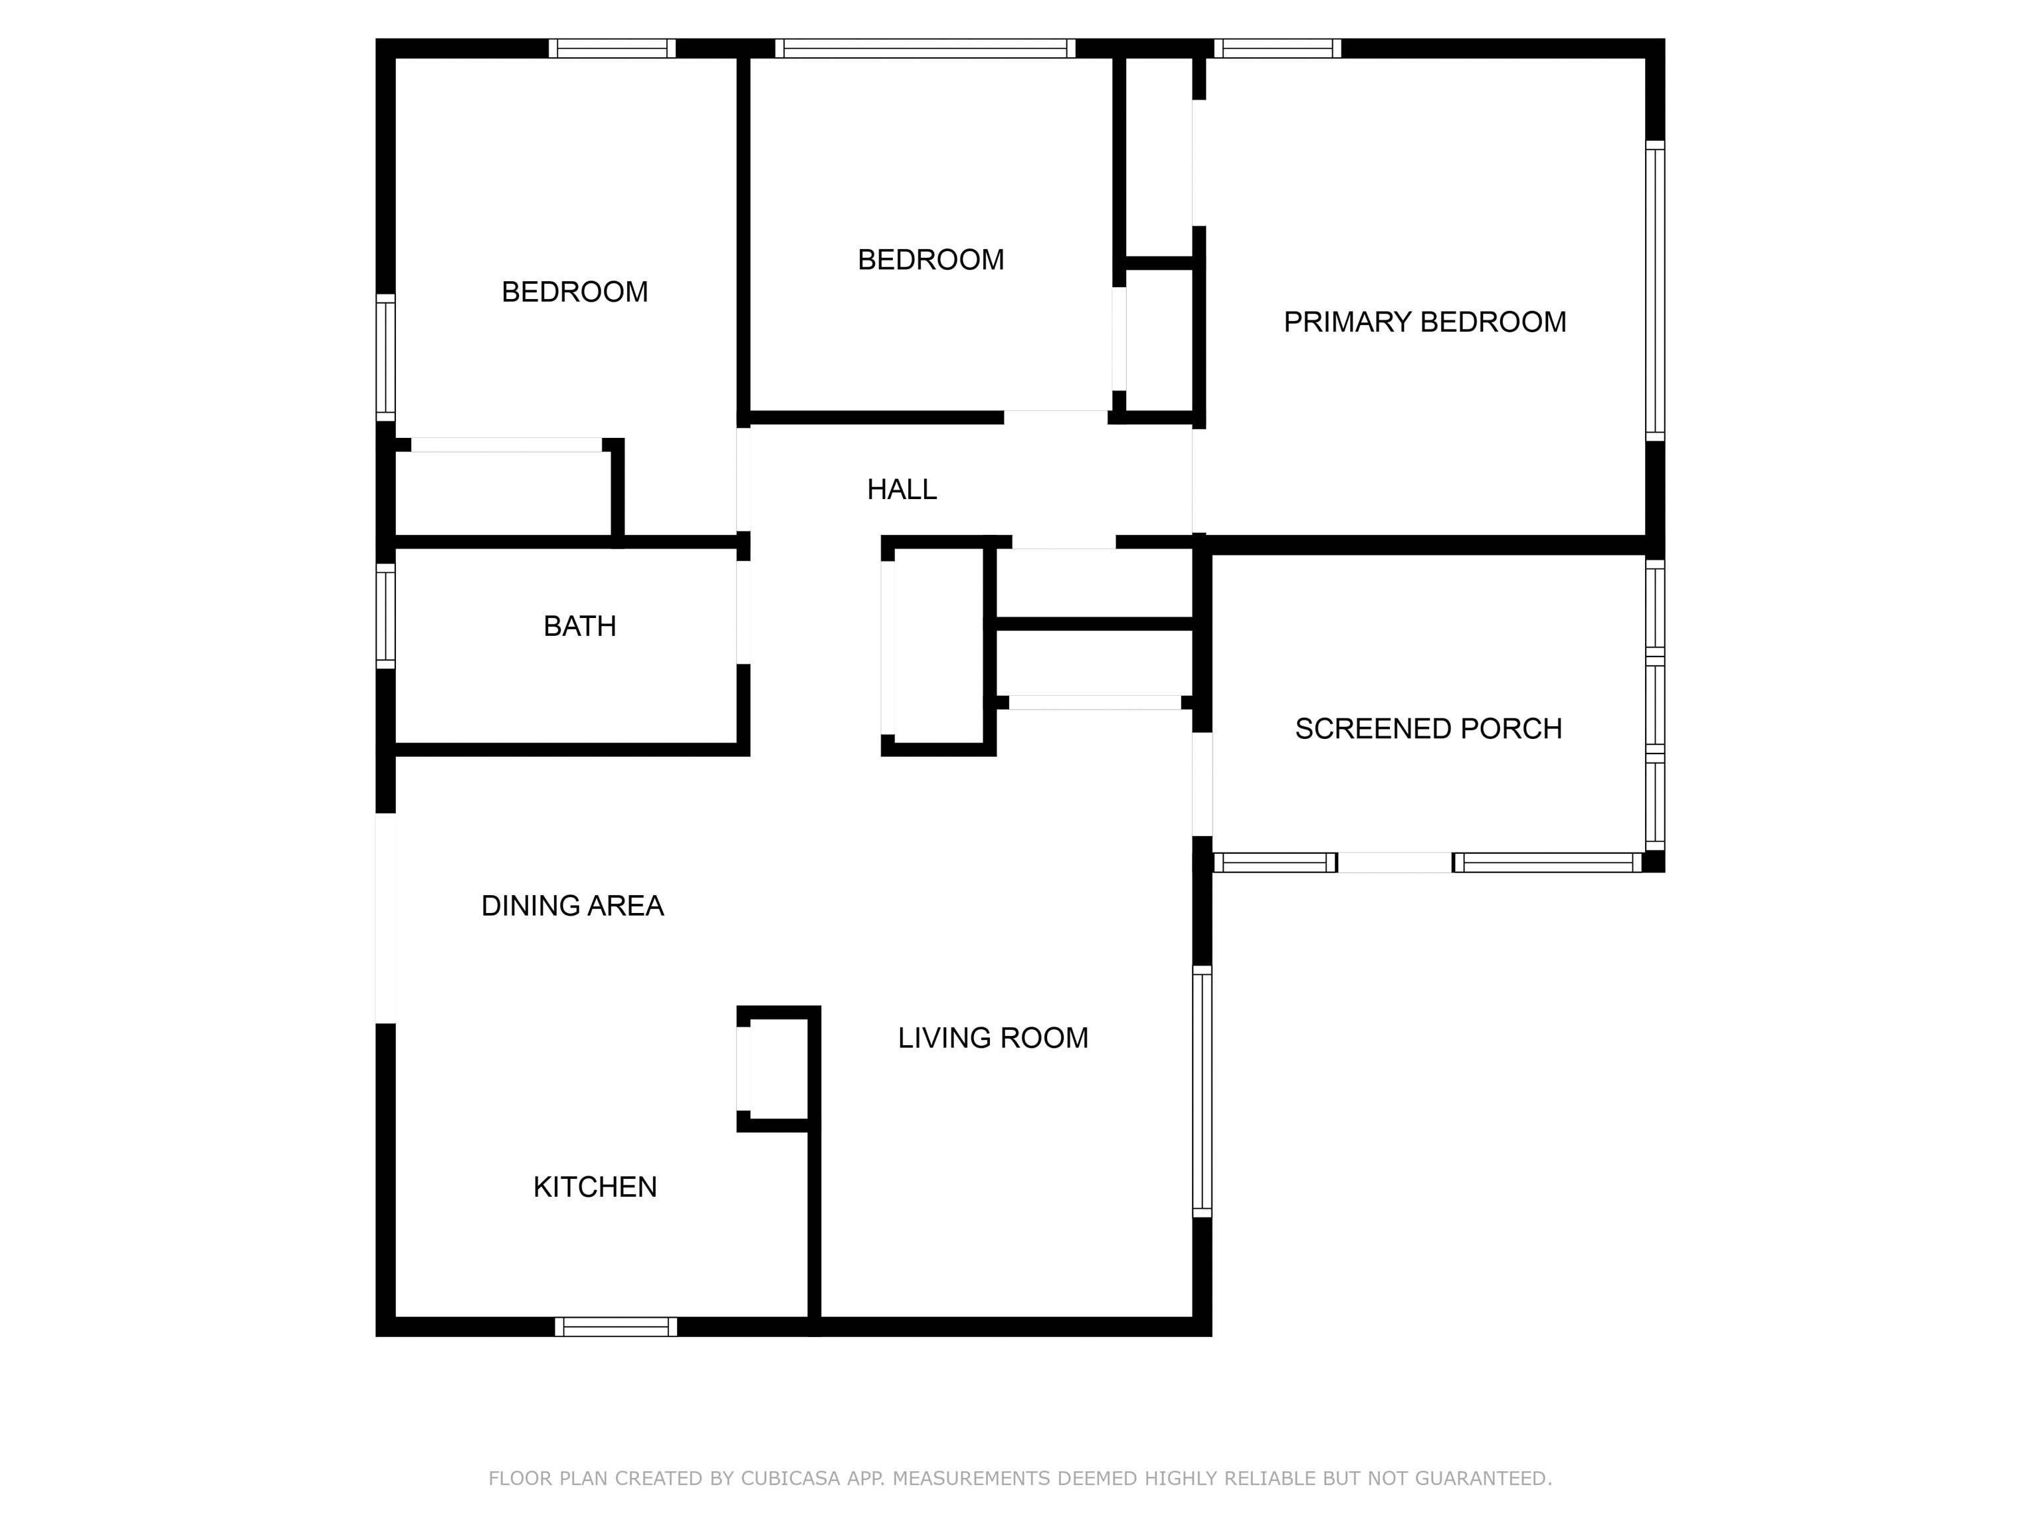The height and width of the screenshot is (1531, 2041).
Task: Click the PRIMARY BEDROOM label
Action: pos(1424,322)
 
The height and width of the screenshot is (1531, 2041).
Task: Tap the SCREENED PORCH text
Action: pos(1428,729)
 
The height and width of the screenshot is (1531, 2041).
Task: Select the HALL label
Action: pos(902,489)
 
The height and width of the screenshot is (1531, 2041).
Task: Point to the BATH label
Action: pos(579,627)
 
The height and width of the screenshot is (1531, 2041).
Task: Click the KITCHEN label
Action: pos(595,1187)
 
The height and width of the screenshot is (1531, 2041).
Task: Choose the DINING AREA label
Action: pos(572,906)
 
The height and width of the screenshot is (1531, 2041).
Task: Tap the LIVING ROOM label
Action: pos(993,1038)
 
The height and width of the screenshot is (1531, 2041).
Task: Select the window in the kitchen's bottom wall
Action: pos(615,1327)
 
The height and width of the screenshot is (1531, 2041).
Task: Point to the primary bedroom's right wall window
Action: pos(1655,290)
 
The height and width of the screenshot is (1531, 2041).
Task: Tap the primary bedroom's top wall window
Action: pos(1277,48)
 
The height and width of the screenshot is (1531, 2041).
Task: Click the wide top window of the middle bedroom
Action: pos(925,48)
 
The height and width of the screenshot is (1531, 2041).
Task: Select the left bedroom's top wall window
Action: pos(613,48)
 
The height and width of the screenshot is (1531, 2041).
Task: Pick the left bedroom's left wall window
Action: pos(386,357)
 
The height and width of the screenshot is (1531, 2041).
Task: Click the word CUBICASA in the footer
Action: pos(791,1479)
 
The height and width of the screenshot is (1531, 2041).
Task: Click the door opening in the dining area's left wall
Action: pos(386,918)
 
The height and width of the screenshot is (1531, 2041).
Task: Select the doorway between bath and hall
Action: pos(743,613)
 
